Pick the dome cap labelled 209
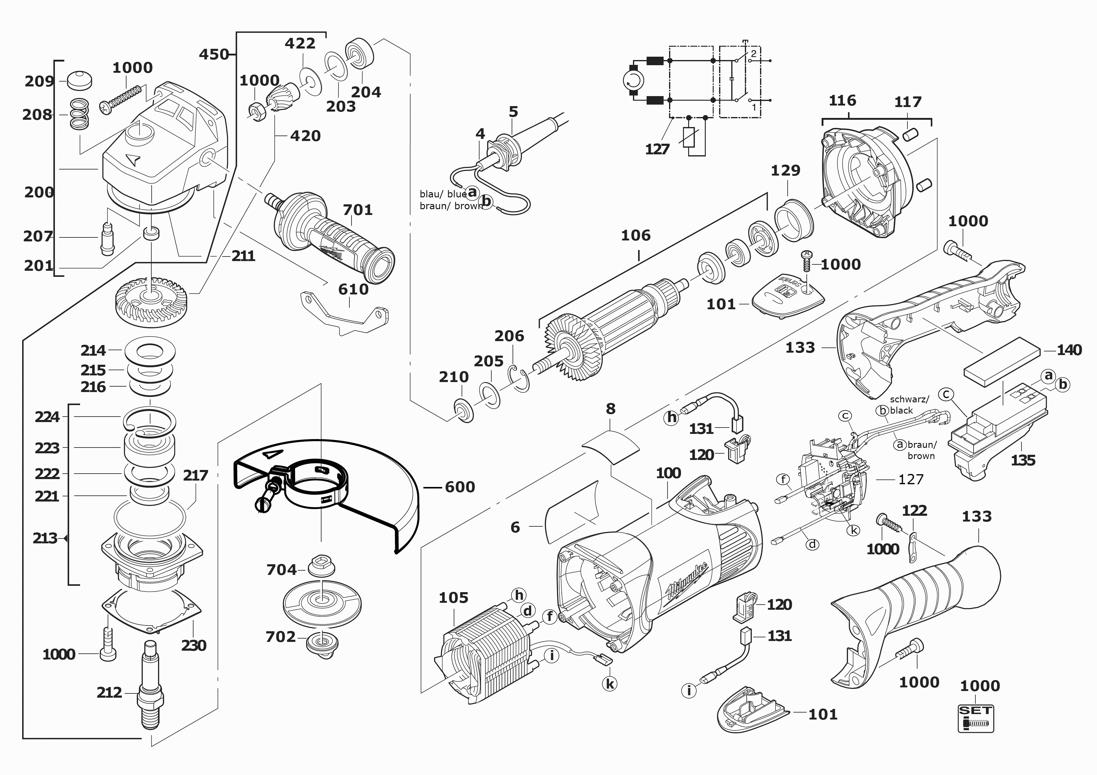(x=79, y=80)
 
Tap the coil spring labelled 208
(x=79, y=115)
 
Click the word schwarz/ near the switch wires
(x=909, y=399)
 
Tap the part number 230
(x=193, y=646)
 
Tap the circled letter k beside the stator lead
(x=610, y=684)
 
